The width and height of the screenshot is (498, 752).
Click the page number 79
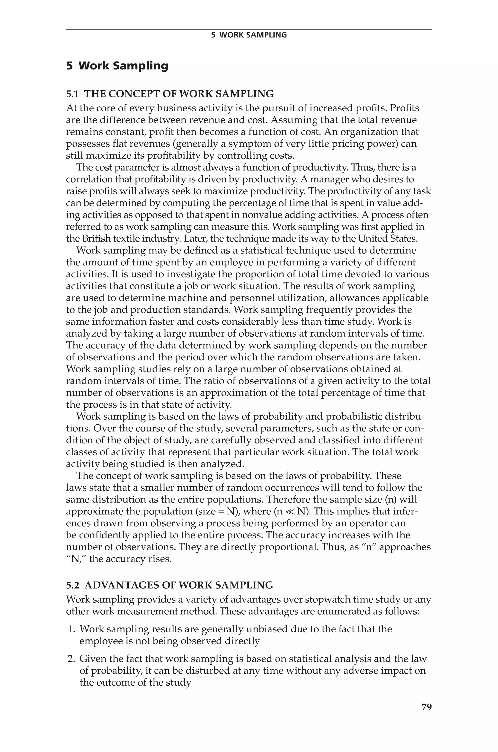click(x=426, y=707)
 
